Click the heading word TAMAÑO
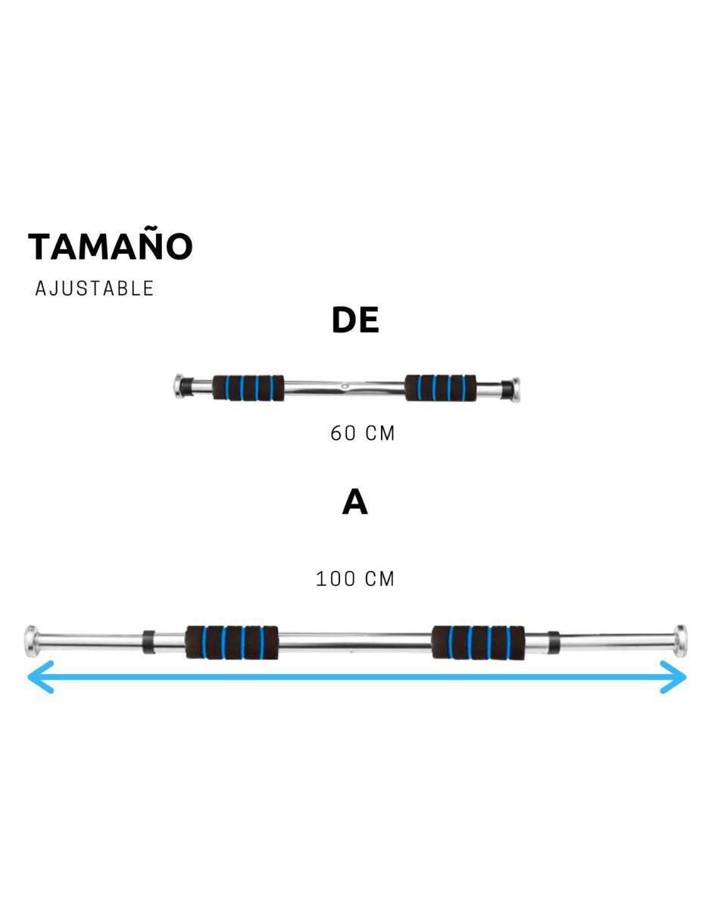pos(111,246)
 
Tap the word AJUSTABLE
pos(95,288)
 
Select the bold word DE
pos(355,320)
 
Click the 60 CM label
pos(362,434)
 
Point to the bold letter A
pos(355,502)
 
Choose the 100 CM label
pos(355,579)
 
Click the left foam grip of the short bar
pos(248,388)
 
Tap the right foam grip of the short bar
pos(441,388)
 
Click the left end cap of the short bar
pos(179,386)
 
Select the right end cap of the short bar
pos(515,388)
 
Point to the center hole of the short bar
pos(344,385)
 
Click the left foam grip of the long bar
pos(232,642)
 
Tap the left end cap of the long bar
pos(31,641)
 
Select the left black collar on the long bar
pos(148,642)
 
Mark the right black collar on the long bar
pos(553,642)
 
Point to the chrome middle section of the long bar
pos(355,642)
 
